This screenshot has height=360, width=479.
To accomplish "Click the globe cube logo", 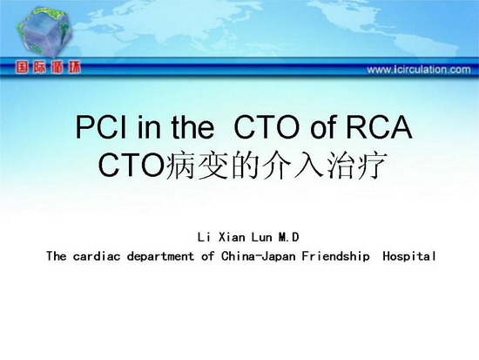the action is (x=44, y=32).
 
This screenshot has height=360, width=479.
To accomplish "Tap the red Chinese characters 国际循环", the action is (x=48, y=67).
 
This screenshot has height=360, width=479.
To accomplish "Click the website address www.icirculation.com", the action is (x=419, y=70).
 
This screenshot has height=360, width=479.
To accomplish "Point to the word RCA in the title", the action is (x=379, y=127).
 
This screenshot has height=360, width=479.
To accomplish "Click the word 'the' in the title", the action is (x=192, y=127).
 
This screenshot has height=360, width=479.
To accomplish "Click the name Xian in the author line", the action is (x=232, y=237).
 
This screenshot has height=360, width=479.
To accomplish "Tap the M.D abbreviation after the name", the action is (x=288, y=237).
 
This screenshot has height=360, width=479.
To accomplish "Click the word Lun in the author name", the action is (x=261, y=237).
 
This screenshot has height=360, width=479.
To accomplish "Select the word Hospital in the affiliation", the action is (x=409, y=256).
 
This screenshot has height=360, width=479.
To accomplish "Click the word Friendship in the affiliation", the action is (x=335, y=256).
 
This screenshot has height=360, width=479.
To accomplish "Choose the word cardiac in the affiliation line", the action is (x=97, y=256).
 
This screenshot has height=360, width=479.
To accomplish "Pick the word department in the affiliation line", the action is (x=161, y=256).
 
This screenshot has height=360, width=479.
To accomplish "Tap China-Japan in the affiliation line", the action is (x=259, y=256).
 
